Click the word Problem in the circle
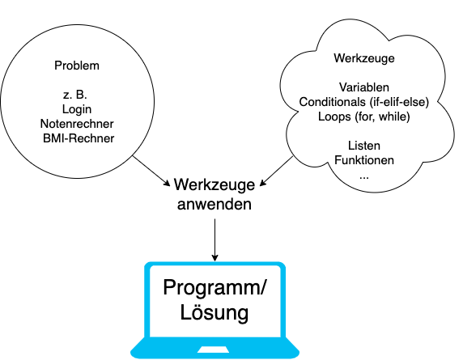tap(77, 66)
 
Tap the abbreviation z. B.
tap(76, 95)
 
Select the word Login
tap(77, 109)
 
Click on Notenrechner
tap(77, 124)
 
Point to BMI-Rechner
tap(79, 138)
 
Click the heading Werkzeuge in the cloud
tap(363, 58)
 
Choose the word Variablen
tap(363, 87)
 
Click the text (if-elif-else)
tap(397, 102)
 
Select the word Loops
tap(334, 116)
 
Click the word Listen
tap(363, 146)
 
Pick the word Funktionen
tap(363, 160)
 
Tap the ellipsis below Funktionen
tap(363, 175)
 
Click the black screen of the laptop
tap(214, 303)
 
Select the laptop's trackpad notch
tap(214, 349)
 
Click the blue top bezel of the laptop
tap(214, 265)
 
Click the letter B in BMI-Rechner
tap(48, 138)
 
